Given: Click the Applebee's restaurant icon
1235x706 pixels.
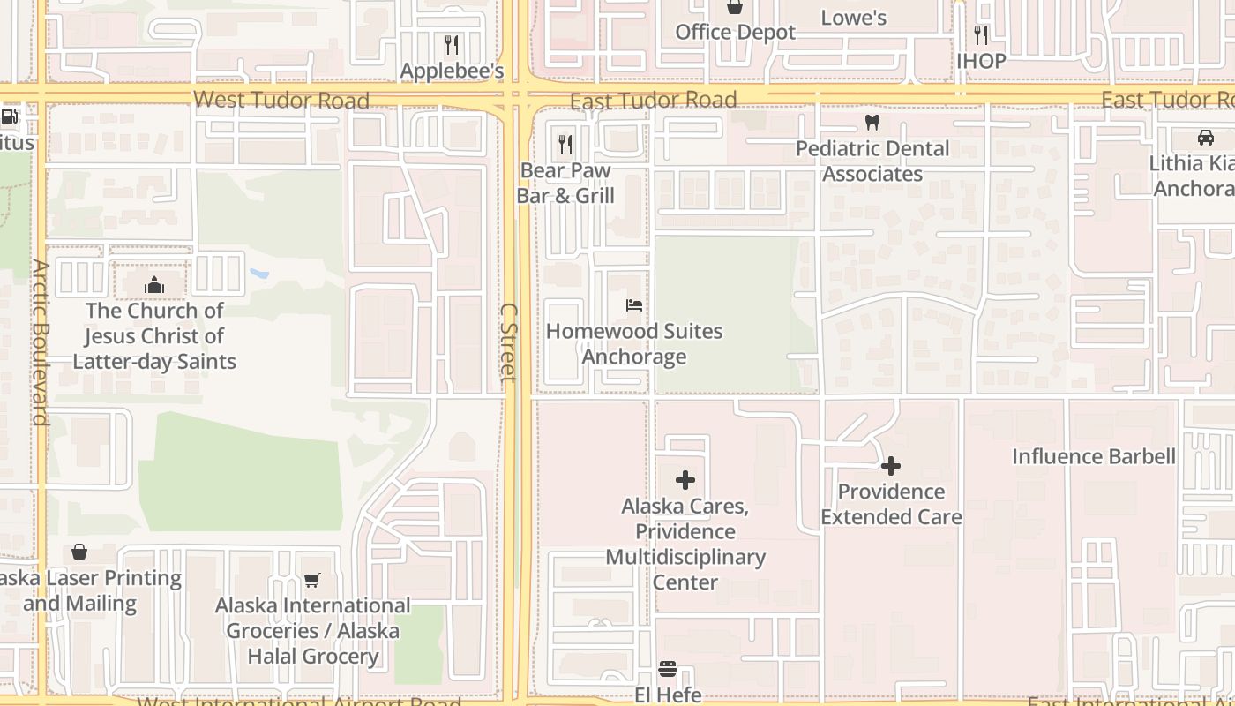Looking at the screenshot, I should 452,44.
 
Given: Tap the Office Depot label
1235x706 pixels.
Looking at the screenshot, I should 735,33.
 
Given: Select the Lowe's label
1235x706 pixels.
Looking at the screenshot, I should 853,18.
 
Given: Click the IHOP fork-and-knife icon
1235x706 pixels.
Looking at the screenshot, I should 981,34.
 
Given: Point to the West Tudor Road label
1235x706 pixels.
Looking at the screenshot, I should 281,100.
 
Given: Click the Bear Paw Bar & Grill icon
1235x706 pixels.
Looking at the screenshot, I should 565,143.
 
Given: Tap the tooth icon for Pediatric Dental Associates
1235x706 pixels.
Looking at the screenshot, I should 872,123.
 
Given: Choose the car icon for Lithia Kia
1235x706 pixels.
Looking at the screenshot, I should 1205,137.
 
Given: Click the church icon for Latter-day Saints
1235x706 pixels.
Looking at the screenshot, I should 154,284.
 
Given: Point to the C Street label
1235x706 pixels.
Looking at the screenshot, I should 508,342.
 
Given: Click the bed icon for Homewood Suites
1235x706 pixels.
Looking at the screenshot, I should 634,305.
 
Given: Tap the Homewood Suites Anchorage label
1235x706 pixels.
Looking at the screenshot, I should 634,344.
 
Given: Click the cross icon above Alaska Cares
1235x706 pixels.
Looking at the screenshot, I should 685,480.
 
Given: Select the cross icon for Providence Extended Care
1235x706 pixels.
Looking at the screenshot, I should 891,465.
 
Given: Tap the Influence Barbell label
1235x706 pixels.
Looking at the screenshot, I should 1093,456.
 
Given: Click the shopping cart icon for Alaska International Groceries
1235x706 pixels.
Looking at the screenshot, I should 312,580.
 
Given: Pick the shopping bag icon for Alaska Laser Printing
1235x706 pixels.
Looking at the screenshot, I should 79,552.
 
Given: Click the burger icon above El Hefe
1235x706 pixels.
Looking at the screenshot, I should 668,669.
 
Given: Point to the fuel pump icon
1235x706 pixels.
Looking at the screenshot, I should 10,116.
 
